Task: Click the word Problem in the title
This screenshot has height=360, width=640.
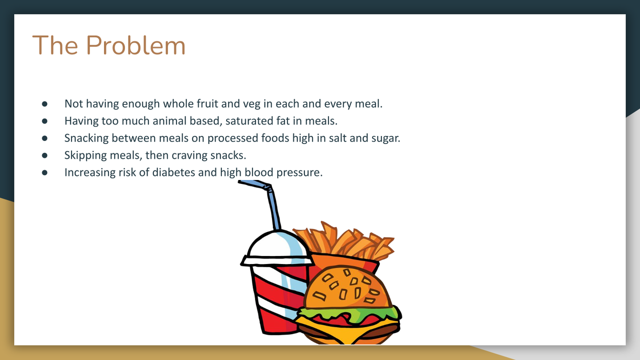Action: coord(135,45)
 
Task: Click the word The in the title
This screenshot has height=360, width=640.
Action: coord(55,45)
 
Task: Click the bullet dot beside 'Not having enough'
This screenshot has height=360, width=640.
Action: coord(44,103)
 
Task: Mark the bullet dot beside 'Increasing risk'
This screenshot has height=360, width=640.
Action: coord(44,172)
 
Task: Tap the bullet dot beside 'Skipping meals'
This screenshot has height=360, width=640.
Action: coord(44,155)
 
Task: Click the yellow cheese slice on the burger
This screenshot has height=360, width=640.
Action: coord(347,328)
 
